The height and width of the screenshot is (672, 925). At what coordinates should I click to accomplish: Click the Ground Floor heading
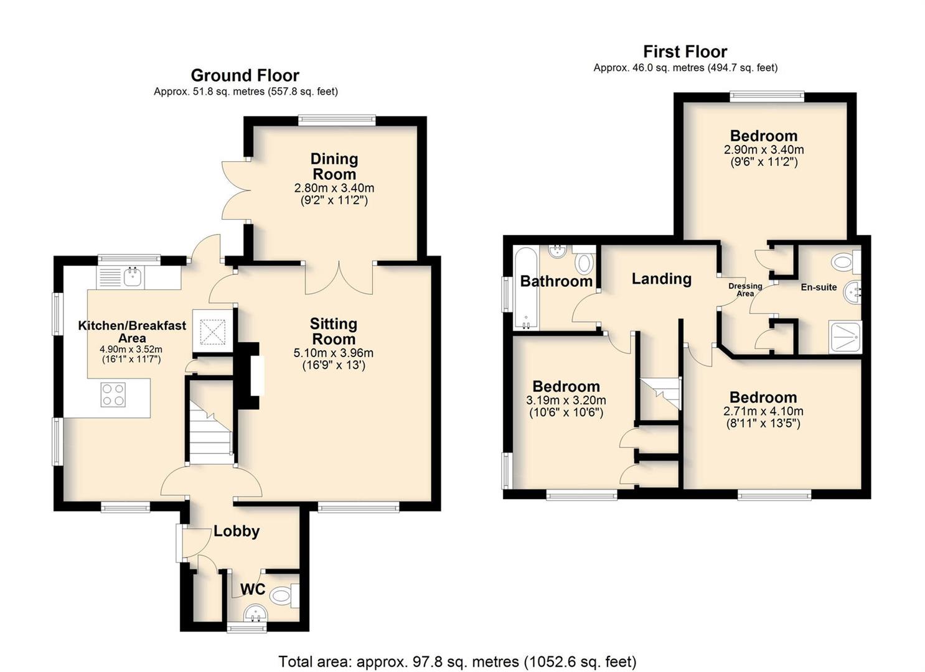click(x=245, y=75)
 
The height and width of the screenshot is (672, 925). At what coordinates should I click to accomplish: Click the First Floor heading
click(x=685, y=52)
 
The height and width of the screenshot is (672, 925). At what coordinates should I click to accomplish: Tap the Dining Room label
click(x=334, y=166)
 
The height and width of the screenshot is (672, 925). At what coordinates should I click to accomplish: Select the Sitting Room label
click(x=334, y=331)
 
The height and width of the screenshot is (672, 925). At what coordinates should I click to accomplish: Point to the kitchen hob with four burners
click(x=113, y=394)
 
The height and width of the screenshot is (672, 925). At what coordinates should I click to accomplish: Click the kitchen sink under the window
click(x=132, y=277)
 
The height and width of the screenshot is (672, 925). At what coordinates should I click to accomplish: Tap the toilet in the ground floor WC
click(x=284, y=595)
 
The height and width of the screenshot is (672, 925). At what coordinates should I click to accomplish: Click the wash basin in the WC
click(x=256, y=614)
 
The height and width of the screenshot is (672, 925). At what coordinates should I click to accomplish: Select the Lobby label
click(x=237, y=531)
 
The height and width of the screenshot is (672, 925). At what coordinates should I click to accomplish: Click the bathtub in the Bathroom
click(x=525, y=287)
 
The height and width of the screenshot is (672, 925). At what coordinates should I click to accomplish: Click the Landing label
click(x=662, y=279)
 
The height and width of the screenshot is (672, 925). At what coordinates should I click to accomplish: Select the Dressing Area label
click(x=745, y=289)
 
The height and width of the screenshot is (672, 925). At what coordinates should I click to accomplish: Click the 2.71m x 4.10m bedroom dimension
click(x=763, y=411)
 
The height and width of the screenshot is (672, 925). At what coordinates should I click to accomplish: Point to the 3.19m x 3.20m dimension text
click(x=566, y=400)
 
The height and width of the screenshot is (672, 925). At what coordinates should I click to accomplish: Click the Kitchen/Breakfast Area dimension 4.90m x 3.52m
click(x=131, y=350)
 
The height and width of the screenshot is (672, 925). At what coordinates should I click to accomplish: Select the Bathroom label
click(x=556, y=281)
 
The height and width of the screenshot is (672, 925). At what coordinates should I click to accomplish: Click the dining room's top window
click(x=337, y=120)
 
